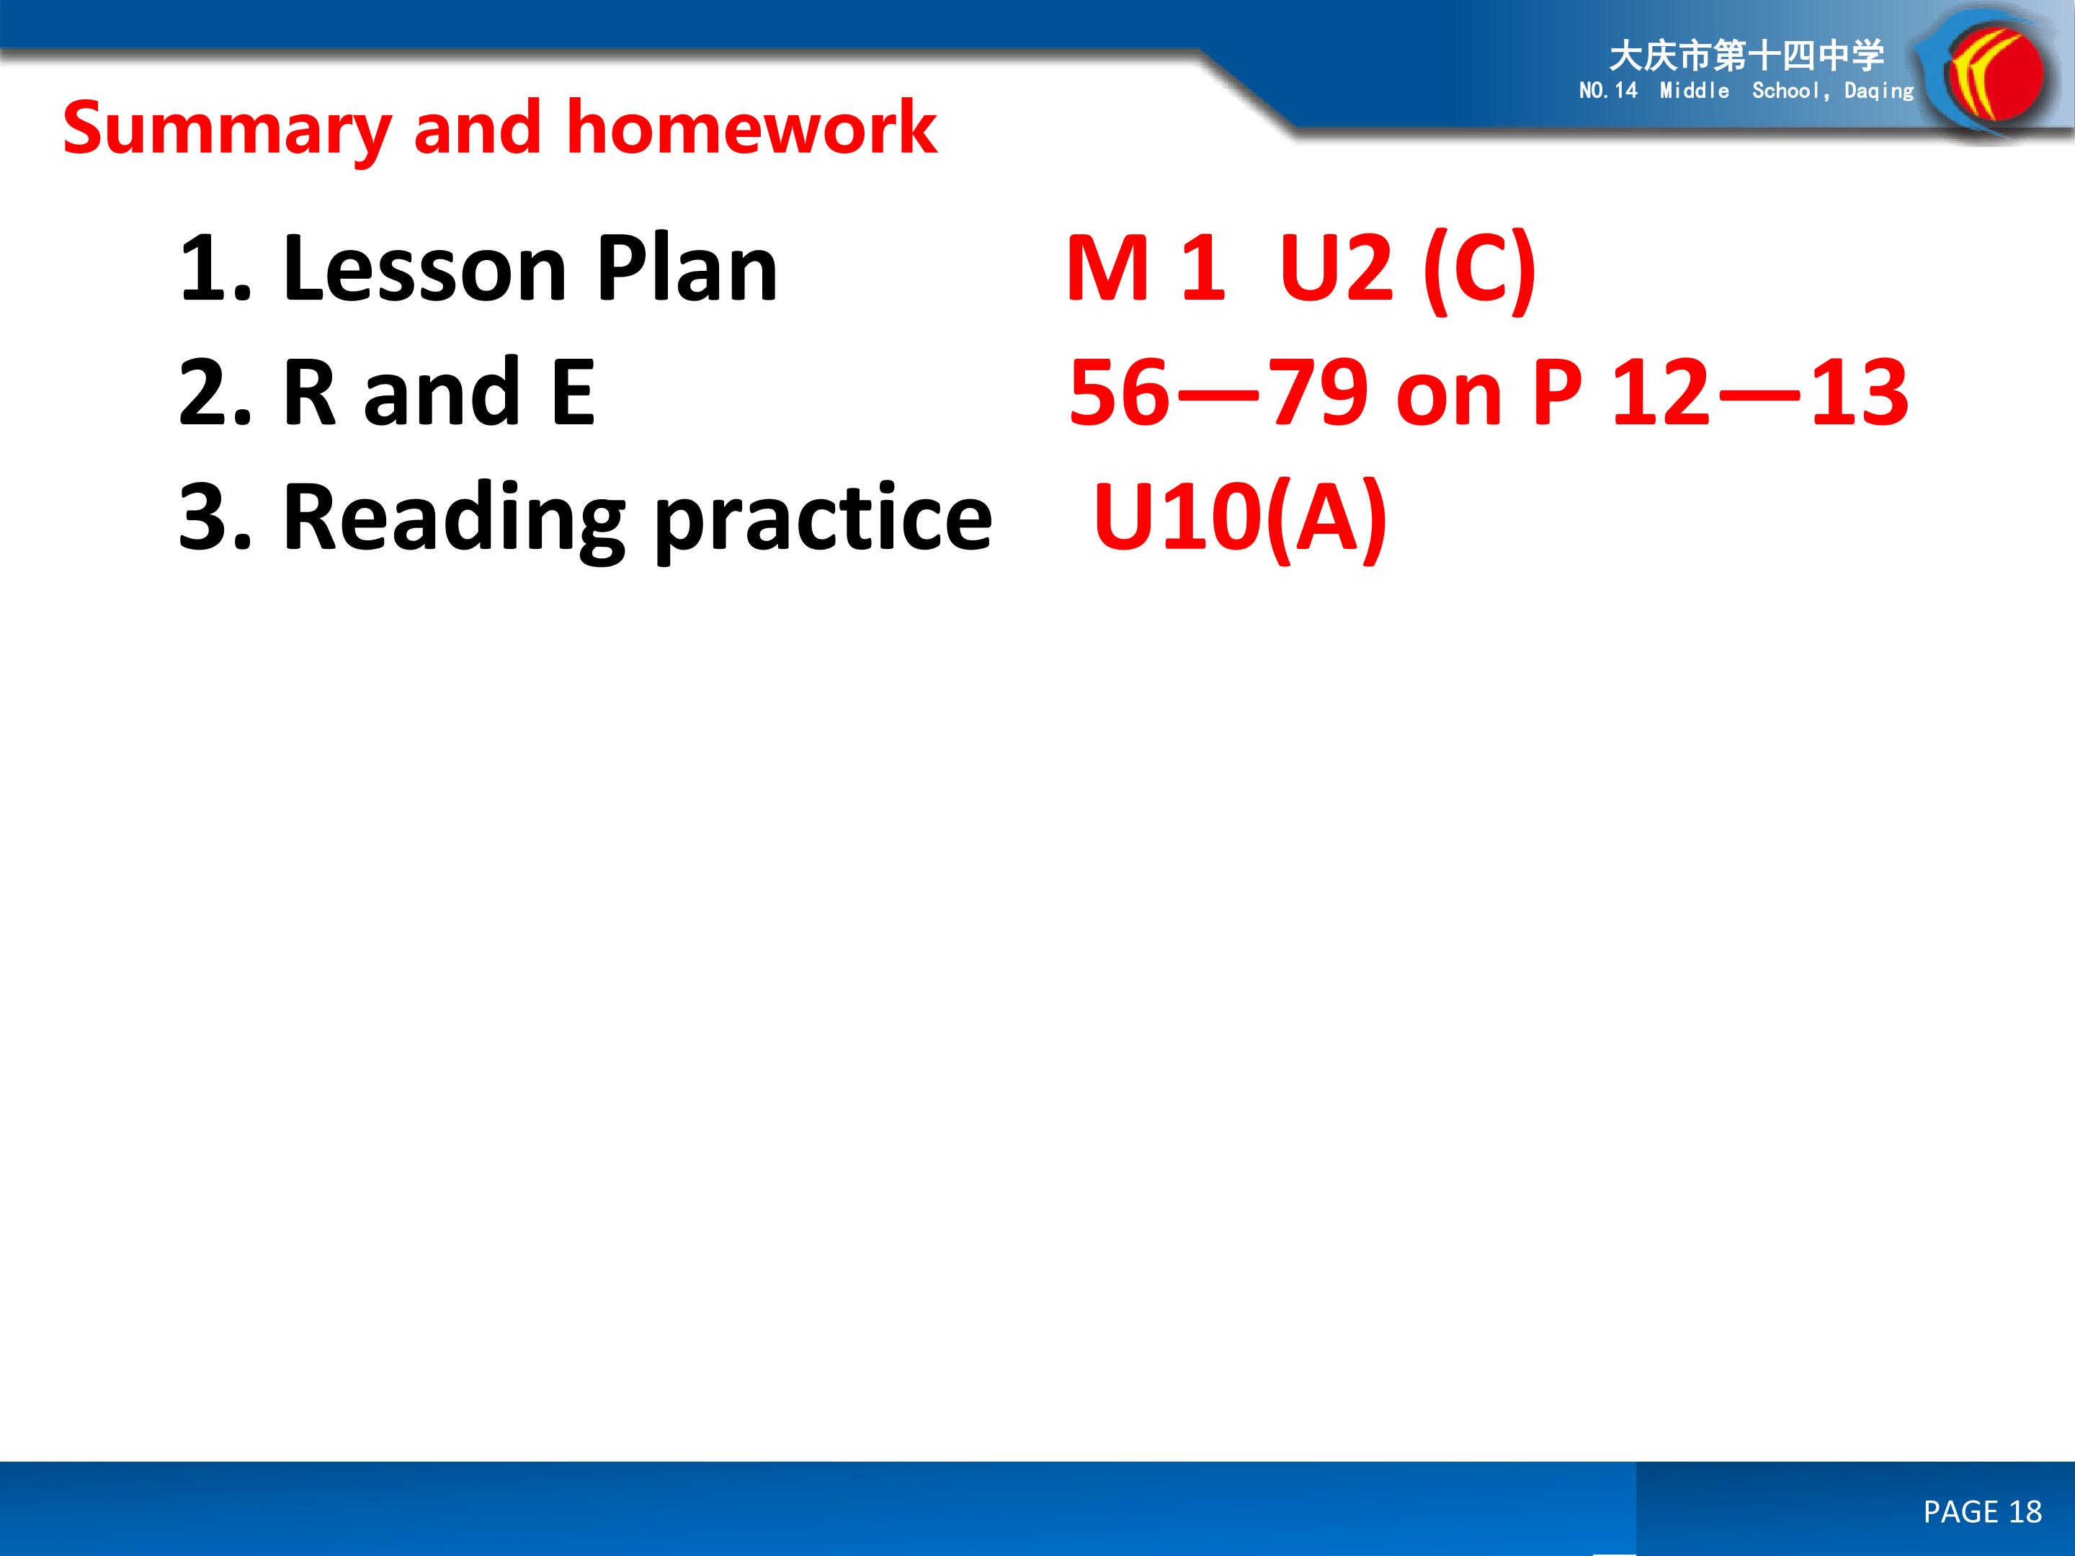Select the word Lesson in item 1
coord(424,269)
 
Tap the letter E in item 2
coord(572,392)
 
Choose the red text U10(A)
coord(1240,519)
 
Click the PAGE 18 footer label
coord(1982,1511)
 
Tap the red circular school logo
coord(1995,75)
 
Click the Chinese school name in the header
coord(1746,56)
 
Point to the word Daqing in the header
coord(1879,91)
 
